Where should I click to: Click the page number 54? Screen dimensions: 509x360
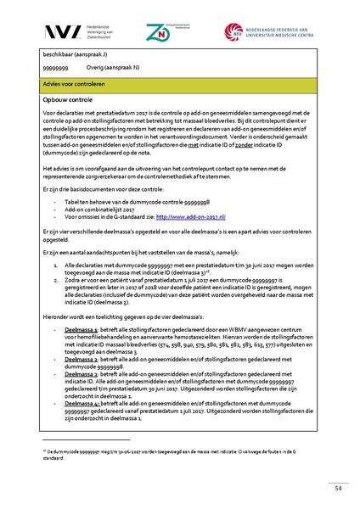pyautogui.click(x=337, y=488)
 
